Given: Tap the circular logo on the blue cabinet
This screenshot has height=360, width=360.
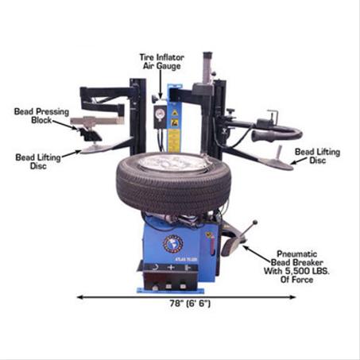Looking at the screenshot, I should tap(173, 243).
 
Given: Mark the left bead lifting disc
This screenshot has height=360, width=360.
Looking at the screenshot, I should tap(93, 149).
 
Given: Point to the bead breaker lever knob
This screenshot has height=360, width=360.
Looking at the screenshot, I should tap(254, 223).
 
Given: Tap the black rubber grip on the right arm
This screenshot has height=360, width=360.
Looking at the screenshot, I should tap(266, 135).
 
